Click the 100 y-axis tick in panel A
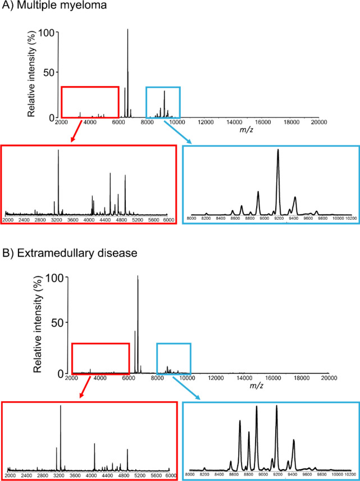(45, 33)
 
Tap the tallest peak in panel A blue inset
(278, 151)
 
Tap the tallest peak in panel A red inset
(58, 151)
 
